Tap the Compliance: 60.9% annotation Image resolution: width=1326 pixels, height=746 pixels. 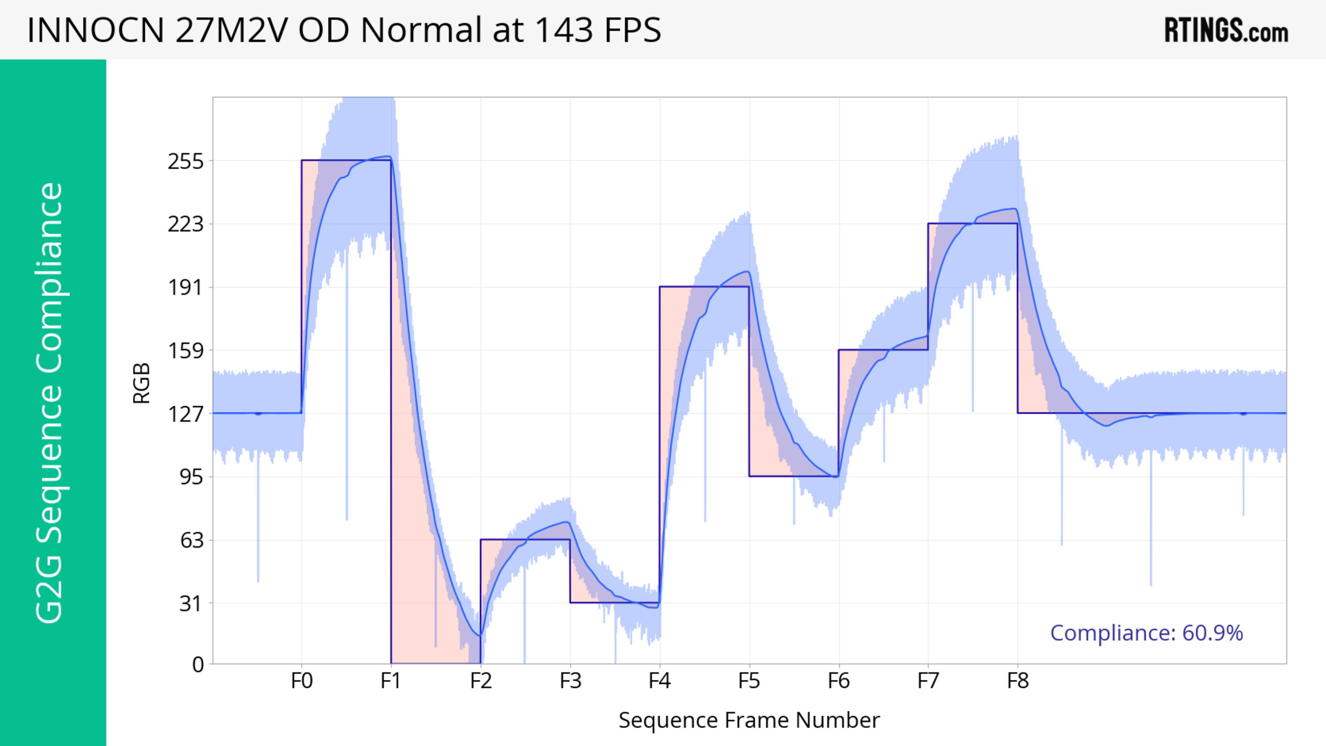pyautogui.click(x=1146, y=633)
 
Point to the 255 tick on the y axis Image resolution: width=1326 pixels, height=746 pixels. pyautogui.click(x=186, y=162)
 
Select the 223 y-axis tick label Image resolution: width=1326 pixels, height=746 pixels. pyautogui.click(x=186, y=224)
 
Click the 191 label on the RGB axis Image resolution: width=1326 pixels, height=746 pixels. pyautogui.click(x=186, y=288)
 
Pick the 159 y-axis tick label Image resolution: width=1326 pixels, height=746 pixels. pyautogui.click(x=186, y=351)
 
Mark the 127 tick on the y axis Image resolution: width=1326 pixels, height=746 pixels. pyautogui.click(x=186, y=414)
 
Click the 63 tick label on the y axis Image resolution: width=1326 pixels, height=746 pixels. pyautogui.click(x=191, y=540)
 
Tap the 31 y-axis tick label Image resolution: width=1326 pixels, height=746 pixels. pyautogui.click(x=191, y=603)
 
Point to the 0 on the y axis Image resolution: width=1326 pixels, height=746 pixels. pyautogui.click(x=198, y=665)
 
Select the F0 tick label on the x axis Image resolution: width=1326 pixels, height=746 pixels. pyautogui.click(x=302, y=681)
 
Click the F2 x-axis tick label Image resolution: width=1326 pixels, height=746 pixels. pyautogui.click(x=481, y=681)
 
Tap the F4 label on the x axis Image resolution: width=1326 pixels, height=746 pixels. pyautogui.click(x=660, y=681)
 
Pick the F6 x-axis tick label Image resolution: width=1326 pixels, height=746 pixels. pyautogui.click(x=838, y=681)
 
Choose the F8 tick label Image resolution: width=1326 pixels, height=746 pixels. pyautogui.click(x=1018, y=681)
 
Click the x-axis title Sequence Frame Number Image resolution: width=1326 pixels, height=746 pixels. pyautogui.click(x=749, y=720)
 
